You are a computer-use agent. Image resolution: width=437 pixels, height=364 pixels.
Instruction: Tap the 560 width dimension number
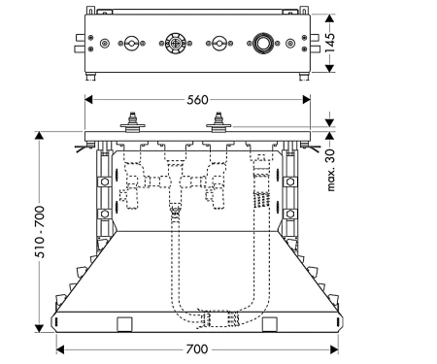tap(197, 100)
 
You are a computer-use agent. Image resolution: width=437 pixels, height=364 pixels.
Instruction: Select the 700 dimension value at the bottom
tap(197, 349)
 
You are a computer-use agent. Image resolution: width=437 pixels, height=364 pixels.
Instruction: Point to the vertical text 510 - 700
tap(40, 232)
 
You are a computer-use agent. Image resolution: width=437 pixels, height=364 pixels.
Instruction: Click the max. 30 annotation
tap(330, 170)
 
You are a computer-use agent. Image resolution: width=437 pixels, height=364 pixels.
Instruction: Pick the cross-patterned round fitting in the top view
tap(175, 43)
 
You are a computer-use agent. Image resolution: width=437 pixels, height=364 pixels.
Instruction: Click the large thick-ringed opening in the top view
tap(263, 43)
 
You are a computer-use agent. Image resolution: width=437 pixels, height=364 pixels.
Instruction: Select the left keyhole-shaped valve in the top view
tap(131, 43)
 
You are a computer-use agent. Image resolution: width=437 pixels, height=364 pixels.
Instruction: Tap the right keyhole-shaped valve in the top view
tap(219, 43)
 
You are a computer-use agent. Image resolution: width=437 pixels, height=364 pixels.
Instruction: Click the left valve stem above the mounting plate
tap(132, 122)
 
